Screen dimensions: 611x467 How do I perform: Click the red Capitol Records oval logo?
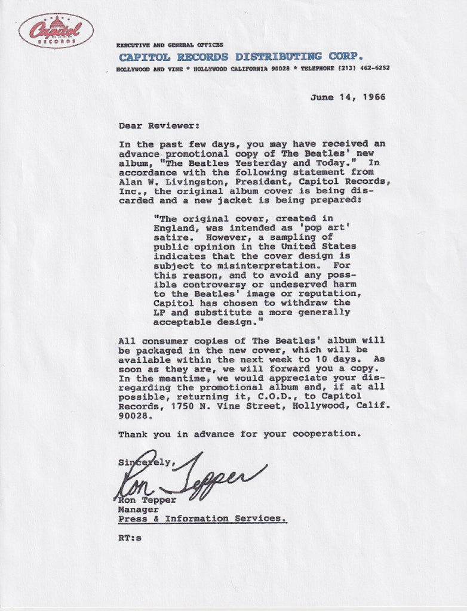pyautogui.click(x=56, y=30)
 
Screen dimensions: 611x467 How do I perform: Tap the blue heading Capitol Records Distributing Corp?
pyautogui.click(x=241, y=57)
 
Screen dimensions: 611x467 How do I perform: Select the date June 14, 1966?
pyautogui.click(x=348, y=97)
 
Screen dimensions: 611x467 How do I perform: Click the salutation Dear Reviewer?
pyautogui.click(x=156, y=125)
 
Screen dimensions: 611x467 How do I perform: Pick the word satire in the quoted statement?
pyautogui.click(x=170, y=237)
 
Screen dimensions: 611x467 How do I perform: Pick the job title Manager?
pyautogui.click(x=139, y=510)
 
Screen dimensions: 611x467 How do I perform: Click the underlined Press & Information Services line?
pyautogui.click(x=202, y=519)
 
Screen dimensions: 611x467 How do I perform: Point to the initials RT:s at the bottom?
pyautogui.click(x=130, y=538)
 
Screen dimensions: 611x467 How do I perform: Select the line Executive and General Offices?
pyautogui.click(x=170, y=45)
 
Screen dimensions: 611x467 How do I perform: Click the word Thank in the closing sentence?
pyautogui.click(x=133, y=434)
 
